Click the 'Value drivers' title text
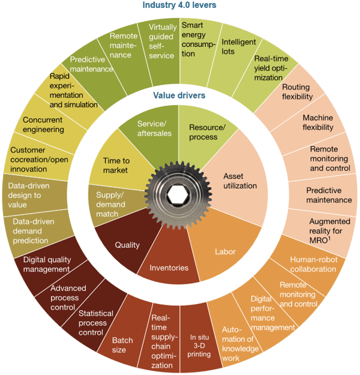(x=180, y=95)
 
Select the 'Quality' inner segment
(x=127, y=244)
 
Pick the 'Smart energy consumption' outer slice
(x=197, y=40)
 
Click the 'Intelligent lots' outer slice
(x=239, y=47)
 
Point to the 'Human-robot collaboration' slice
(x=312, y=265)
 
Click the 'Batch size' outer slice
(x=123, y=345)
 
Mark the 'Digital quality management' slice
(x=46, y=265)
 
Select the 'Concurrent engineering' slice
(x=43, y=125)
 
